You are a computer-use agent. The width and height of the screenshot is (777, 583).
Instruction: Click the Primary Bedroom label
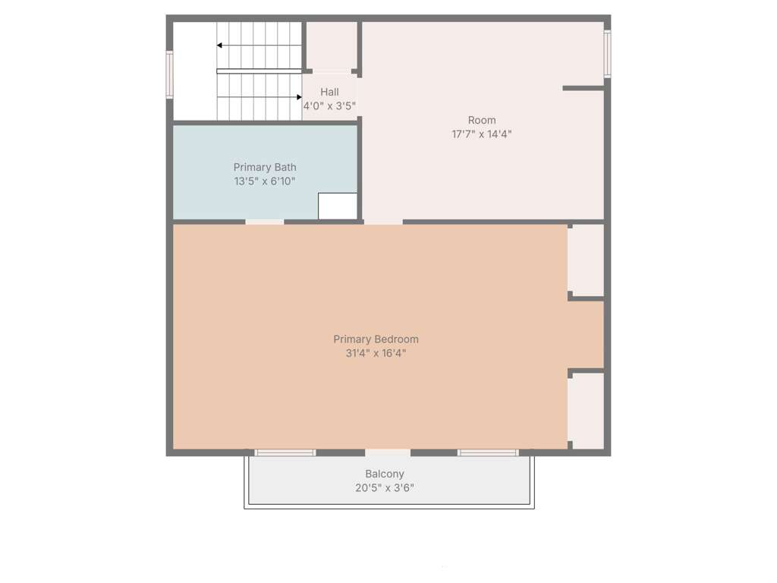[x=376, y=339]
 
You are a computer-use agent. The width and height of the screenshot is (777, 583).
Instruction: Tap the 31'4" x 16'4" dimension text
[x=376, y=353]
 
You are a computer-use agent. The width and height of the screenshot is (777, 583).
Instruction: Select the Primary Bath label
[x=265, y=167]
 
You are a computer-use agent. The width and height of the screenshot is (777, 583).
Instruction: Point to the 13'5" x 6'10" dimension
[x=265, y=181]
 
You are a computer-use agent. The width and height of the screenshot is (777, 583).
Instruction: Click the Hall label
[x=329, y=92]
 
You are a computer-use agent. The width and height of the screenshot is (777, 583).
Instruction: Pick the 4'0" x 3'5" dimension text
[x=329, y=106]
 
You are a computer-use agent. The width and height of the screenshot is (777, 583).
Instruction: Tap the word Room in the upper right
[x=482, y=120]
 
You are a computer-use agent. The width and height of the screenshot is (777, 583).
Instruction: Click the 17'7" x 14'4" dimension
[x=482, y=134]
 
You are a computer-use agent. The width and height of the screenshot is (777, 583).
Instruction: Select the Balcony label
[x=385, y=474]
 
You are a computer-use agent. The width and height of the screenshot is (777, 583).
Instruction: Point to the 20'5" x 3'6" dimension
[x=385, y=488]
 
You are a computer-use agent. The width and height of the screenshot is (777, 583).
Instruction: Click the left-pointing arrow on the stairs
[x=260, y=46]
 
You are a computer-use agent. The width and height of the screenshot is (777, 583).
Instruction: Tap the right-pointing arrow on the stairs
[x=260, y=97]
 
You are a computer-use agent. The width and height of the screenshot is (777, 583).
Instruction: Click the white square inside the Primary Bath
[x=338, y=206]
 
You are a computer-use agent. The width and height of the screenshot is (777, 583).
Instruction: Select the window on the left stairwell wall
[x=169, y=75]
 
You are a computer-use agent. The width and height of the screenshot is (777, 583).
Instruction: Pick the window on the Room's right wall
[x=607, y=54]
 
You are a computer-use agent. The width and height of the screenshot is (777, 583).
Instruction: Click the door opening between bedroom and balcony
[x=388, y=452]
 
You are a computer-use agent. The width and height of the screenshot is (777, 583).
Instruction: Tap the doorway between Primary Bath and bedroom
[x=265, y=222]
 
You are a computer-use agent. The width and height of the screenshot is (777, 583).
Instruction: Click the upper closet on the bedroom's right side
[x=586, y=260]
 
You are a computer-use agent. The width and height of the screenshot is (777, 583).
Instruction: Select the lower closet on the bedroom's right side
[x=586, y=411]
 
